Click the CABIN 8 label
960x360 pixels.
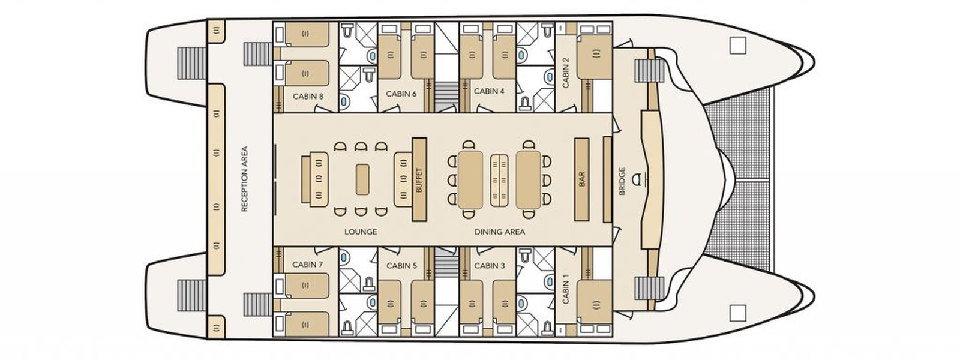click(x=308, y=96)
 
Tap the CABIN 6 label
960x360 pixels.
click(x=401, y=94)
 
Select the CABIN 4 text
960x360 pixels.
click(x=489, y=91)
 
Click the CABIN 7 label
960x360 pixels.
click(x=308, y=265)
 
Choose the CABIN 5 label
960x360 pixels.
click(x=401, y=266)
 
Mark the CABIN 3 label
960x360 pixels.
click(x=489, y=266)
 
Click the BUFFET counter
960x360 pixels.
click(x=419, y=179)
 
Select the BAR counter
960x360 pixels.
click(x=581, y=179)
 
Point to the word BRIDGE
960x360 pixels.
click(x=622, y=181)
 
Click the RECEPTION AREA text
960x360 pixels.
click(x=244, y=179)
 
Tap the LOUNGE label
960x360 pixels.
click(x=361, y=232)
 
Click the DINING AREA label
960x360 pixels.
click(x=499, y=232)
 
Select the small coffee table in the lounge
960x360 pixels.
click(x=362, y=179)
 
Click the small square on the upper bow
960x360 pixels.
click(x=737, y=45)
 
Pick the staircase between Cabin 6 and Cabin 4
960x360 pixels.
click(x=445, y=96)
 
